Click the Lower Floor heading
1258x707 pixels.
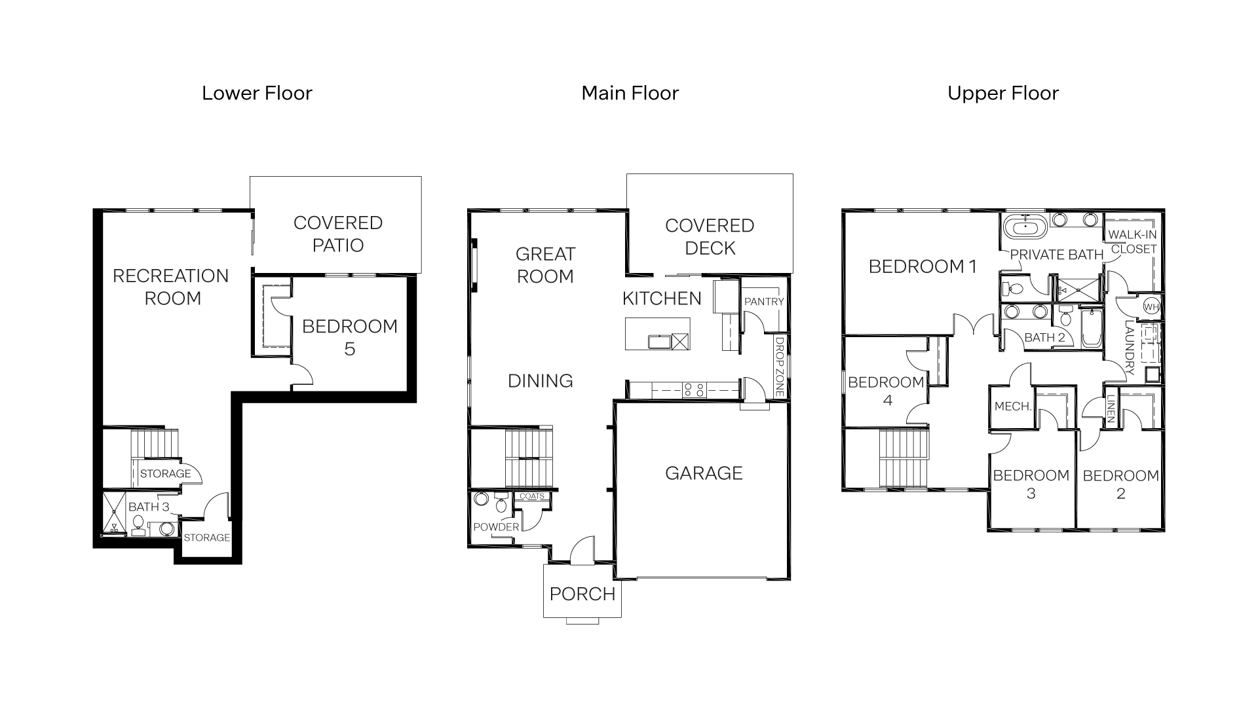[x=257, y=93]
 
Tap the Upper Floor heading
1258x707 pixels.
[x=1002, y=93]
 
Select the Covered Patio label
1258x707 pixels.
[x=337, y=234]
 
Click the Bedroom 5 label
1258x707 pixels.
[x=349, y=337]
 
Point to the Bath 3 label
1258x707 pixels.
[x=149, y=507]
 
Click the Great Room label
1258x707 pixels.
[x=545, y=264]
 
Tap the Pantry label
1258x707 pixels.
[x=764, y=302]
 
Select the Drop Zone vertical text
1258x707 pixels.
[x=780, y=367]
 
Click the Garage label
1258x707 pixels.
[x=704, y=473]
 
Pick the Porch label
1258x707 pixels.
[x=582, y=594]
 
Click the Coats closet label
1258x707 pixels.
[x=531, y=496]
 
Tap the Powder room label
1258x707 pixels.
[x=496, y=527]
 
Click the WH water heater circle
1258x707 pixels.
[x=1151, y=306]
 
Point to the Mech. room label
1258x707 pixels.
[x=1013, y=407]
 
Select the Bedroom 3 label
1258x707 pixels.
[x=1031, y=484]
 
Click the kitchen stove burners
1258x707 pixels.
[x=693, y=390]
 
